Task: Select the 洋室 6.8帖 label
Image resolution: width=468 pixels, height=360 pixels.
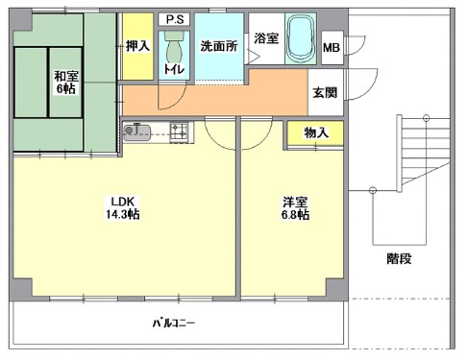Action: pyautogui.click(x=295, y=208)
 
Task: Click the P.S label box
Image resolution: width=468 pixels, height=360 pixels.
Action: pyautogui.click(x=174, y=19)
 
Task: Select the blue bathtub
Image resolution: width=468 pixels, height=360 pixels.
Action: pyautogui.click(x=302, y=37)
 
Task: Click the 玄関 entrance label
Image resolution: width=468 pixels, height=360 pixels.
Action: pyautogui.click(x=323, y=93)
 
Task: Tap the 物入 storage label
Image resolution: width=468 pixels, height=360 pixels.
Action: pyautogui.click(x=315, y=133)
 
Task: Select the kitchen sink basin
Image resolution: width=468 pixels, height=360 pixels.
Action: pyautogui.click(x=135, y=131)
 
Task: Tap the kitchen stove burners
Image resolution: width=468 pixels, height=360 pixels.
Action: pyautogui.click(x=178, y=130)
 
